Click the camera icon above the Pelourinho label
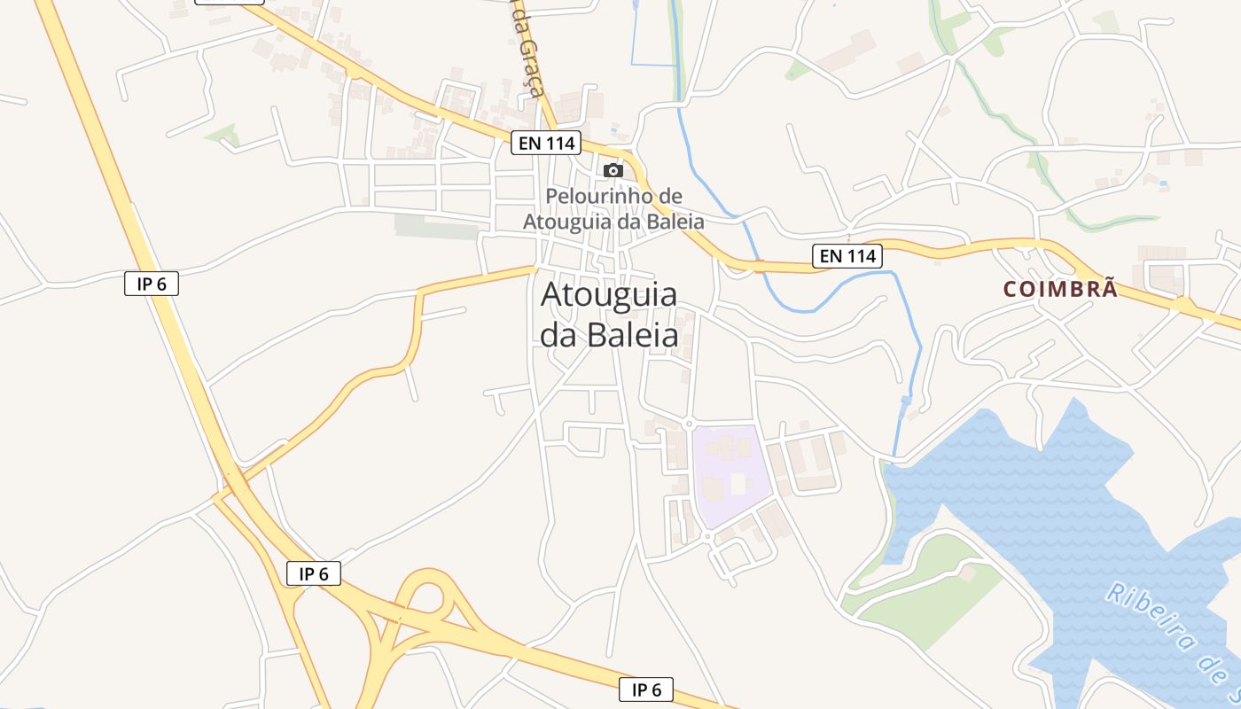click(613, 170)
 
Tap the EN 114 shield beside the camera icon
click(545, 142)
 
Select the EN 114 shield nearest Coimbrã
click(847, 256)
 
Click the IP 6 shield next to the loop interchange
click(314, 573)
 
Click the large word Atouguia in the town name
click(609, 294)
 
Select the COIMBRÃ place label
click(1060, 289)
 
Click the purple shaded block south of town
click(730, 474)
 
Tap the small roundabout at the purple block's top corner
click(688, 425)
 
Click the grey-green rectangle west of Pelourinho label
click(436, 227)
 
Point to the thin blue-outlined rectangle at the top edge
click(652, 35)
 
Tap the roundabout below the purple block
click(707, 537)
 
